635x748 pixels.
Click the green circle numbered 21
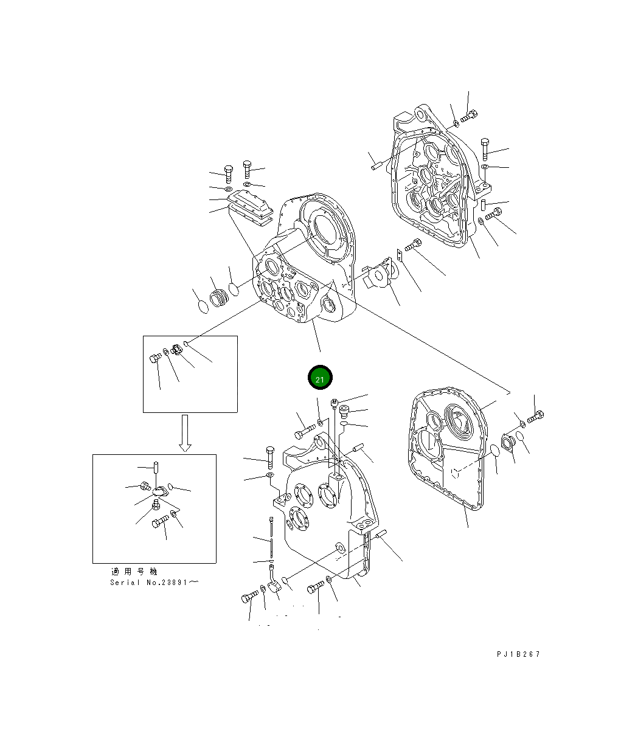(320, 378)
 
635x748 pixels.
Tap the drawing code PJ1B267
(518, 654)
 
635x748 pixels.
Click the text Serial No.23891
(154, 582)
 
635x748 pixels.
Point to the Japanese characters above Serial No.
(134, 572)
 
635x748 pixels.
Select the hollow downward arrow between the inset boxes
(185, 433)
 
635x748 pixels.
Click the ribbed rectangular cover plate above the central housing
(251, 205)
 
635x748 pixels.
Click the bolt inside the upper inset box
(155, 358)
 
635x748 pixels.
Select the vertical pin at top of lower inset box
(156, 467)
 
